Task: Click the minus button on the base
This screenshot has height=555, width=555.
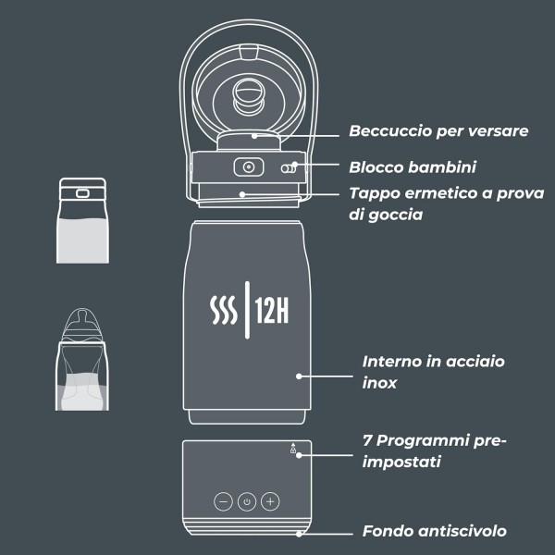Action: click(x=223, y=501)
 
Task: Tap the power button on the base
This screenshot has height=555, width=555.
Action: click(x=246, y=501)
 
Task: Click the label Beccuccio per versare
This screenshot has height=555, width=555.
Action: click(x=438, y=131)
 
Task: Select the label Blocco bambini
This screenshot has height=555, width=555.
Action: click(x=413, y=167)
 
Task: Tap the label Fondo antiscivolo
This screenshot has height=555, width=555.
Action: click(x=434, y=531)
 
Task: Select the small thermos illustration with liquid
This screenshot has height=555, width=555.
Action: click(x=79, y=221)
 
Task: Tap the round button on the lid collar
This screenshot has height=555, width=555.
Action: click(x=247, y=166)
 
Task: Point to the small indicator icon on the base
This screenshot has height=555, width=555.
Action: click(x=294, y=450)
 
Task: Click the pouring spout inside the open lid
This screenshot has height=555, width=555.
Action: click(x=247, y=94)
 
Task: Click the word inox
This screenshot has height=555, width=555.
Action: click(x=379, y=382)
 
